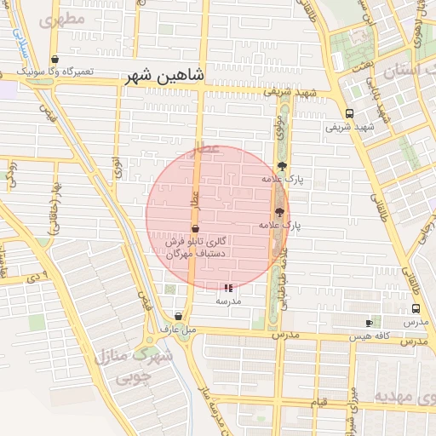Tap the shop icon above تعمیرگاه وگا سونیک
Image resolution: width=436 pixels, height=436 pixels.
[55, 60]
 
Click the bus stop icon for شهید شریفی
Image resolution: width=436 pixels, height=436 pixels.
[349, 113]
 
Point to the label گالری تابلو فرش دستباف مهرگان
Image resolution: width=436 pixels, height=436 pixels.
[195, 247]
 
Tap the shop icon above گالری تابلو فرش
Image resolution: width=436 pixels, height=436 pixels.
[195, 228]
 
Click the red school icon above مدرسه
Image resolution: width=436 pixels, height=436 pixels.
[227, 289]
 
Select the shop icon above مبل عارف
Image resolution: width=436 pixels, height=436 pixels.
[177, 316]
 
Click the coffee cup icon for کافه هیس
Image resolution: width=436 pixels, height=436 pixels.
[369, 323]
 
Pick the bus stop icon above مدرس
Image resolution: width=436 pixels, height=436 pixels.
[416, 309]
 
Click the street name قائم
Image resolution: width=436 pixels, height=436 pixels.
[318, 400]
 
